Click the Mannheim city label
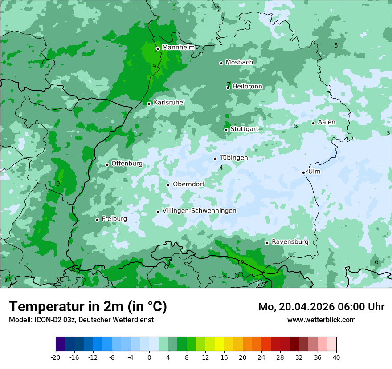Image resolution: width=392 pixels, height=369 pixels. pyautogui.click(x=178, y=48)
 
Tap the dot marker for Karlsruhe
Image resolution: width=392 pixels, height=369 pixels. pyautogui.click(x=149, y=104)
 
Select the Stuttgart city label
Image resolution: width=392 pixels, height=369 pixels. pyautogui.click(x=244, y=129)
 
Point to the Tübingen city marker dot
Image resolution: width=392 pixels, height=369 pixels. pyautogui.click(x=216, y=159)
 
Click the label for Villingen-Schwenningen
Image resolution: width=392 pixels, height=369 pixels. pyautogui.click(x=199, y=211)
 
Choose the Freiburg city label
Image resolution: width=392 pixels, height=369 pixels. pyautogui.click(x=114, y=219)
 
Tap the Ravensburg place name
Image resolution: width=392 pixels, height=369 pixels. pyautogui.click(x=290, y=242)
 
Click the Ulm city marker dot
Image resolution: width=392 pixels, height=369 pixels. pyautogui.click(x=304, y=172)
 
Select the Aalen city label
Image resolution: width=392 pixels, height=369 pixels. pyautogui.click(x=327, y=122)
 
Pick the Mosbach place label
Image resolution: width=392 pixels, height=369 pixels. pyautogui.click(x=239, y=62)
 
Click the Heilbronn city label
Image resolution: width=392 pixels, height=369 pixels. pyautogui.click(x=247, y=87)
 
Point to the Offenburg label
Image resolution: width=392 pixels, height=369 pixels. pyautogui.click(x=127, y=164)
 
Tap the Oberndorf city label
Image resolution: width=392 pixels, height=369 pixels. pyautogui.click(x=188, y=184)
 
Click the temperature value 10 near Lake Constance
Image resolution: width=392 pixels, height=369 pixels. pyautogui.click(x=240, y=262)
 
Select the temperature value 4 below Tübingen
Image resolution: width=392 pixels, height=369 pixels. pyautogui.click(x=221, y=168)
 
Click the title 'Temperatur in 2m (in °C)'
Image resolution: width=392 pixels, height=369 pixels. pyautogui.click(x=88, y=307)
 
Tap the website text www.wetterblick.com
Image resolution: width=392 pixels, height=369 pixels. pyautogui.click(x=321, y=320)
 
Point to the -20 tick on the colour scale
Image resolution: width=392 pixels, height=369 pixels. pyautogui.click(x=56, y=357)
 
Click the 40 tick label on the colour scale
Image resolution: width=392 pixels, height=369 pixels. pyautogui.click(x=336, y=357)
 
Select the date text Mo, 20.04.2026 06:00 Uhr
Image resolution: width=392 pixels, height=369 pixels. pyautogui.click(x=321, y=307)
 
